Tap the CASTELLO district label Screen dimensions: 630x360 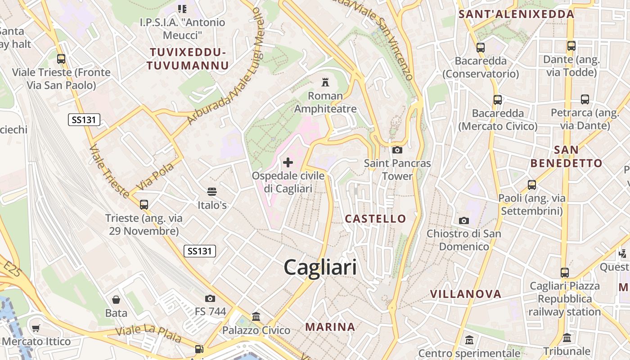pyautogui.click(x=375, y=219)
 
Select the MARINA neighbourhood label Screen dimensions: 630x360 pyautogui.click(x=330, y=327)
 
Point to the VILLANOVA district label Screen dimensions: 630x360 pyautogui.click(x=465, y=294)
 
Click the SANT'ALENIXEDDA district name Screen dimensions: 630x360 pyautogui.click(x=516, y=14)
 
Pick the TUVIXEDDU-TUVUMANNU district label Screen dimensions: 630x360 pyautogui.click(x=188, y=59)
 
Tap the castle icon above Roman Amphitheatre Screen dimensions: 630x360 pyautogui.click(x=325, y=82)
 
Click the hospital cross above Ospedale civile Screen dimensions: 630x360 pyautogui.click(x=288, y=162)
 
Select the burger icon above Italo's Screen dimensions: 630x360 pyautogui.click(x=212, y=192)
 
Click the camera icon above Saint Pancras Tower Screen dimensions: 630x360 pyautogui.click(x=397, y=150)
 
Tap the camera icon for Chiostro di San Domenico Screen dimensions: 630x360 pyautogui.click(x=463, y=220)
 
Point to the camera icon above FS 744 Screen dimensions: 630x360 pyautogui.click(x=210, y=298)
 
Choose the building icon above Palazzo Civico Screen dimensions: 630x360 pyautogui.click(x=256, y=317)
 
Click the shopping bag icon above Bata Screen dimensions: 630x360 pyautogui.click(x=116, y=300)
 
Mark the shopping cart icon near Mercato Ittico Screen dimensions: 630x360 pyautogui.click(x=36, y=328)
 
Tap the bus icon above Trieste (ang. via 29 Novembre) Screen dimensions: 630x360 pyautogui.click(x=144, y=205)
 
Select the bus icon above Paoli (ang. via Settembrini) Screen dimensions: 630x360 pyautogui.click(x=531, y=184)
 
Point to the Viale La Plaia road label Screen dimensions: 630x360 pyautogui.click(x=148, y=333)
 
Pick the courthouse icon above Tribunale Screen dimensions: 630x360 pyautogui.click(x=567, y=337)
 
